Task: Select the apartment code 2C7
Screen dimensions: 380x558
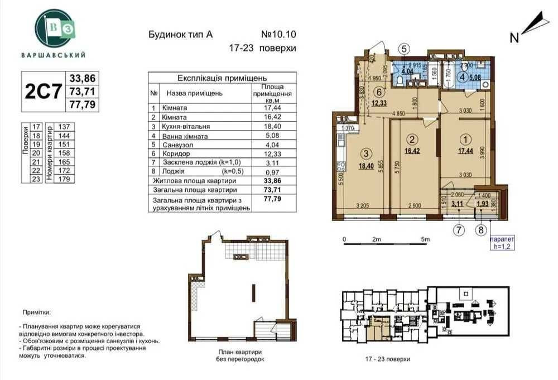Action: click(43, 92)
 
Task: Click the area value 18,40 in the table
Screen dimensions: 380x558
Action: click(272, 127)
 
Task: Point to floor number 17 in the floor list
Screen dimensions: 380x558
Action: click(36, 127)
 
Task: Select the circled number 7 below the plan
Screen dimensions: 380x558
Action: click(459, 228)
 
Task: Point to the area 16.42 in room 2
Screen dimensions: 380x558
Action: click(412, 150)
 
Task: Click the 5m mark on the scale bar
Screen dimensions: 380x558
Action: click(426, 239)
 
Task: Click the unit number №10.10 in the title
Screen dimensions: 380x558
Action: click(278, 34)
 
